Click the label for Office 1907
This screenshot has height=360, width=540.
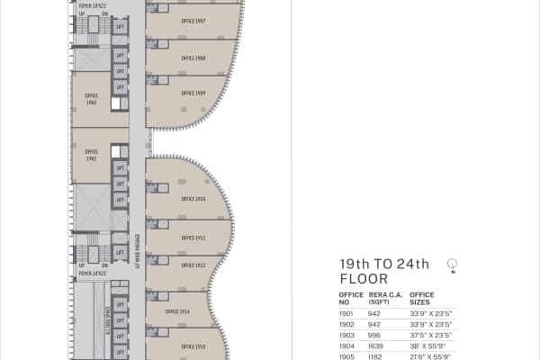point(193,20)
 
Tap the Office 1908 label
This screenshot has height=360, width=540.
point(193,58)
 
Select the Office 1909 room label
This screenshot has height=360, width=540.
point(193,93)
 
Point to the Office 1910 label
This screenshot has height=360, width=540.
point(193,199)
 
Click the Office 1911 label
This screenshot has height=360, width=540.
point(193,238)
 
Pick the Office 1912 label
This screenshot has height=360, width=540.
point(193,265)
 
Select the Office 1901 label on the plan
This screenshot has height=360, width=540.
point(91,154)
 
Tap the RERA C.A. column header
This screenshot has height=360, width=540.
point(384,298)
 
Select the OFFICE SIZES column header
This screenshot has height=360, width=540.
point(421,298)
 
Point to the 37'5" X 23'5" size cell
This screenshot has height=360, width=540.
point(428,335)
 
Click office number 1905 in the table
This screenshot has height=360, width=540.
point(347,356)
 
